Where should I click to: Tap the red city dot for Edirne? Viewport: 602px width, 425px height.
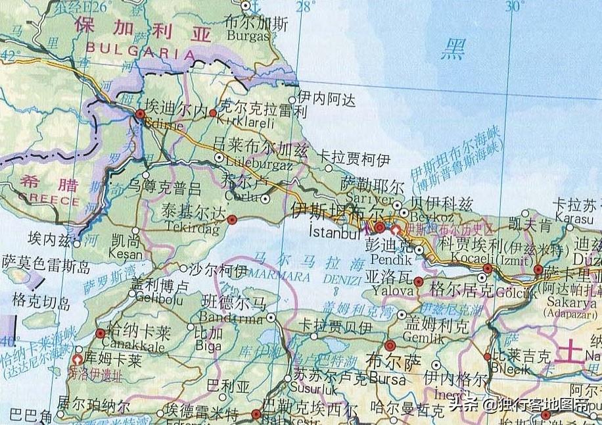(140, 114)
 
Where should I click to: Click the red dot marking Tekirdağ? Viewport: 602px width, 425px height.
(231, 220)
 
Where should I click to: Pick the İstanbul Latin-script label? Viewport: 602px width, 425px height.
(334, 232)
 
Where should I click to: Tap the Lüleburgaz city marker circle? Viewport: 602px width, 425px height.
(219, 157)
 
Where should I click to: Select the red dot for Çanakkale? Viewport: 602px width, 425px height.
(100, 334)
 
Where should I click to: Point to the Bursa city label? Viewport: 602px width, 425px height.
(388, 378)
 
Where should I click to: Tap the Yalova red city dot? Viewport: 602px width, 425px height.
(419, 282)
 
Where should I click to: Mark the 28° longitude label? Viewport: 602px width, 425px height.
(305, 7)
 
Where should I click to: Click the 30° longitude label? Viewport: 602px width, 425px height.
(515, 7)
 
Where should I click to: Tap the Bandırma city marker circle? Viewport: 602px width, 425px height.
(271, 316)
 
